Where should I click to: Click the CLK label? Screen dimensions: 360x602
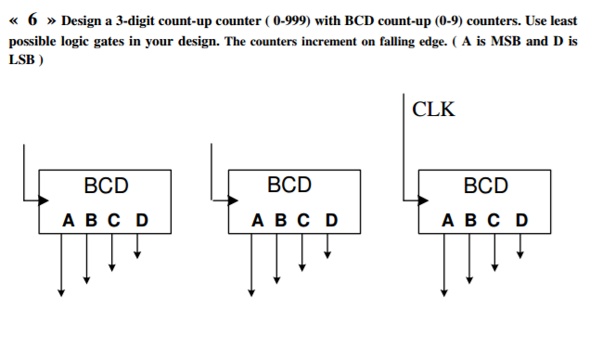(434, 109)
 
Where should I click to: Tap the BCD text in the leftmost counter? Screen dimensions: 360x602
(106, 186)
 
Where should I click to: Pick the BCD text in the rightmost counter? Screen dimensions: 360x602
(486, 186)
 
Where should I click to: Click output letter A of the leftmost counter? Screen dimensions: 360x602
(68, 221)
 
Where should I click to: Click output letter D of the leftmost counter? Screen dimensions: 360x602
(141, 221)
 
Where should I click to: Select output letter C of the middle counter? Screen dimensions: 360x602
(303, 221)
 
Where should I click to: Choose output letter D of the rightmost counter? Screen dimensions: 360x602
(521, 221)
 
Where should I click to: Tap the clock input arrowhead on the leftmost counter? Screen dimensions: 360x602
(43, 198)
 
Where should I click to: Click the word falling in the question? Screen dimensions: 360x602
(432, 41)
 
